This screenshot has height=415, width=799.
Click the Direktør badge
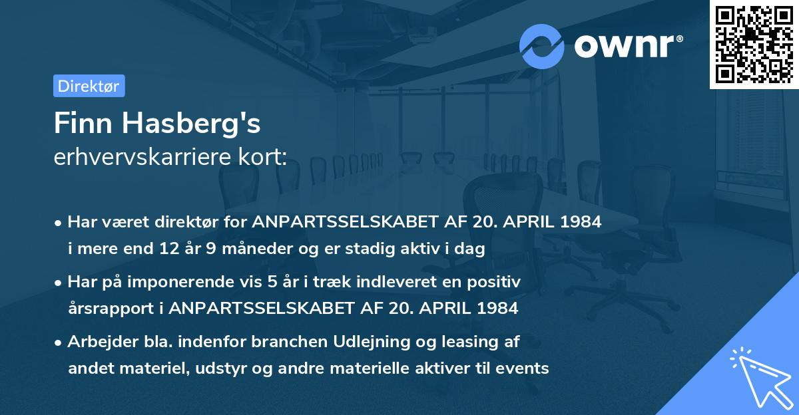[x=89, y=86]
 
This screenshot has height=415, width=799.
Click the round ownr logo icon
[x=542, y=47]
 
